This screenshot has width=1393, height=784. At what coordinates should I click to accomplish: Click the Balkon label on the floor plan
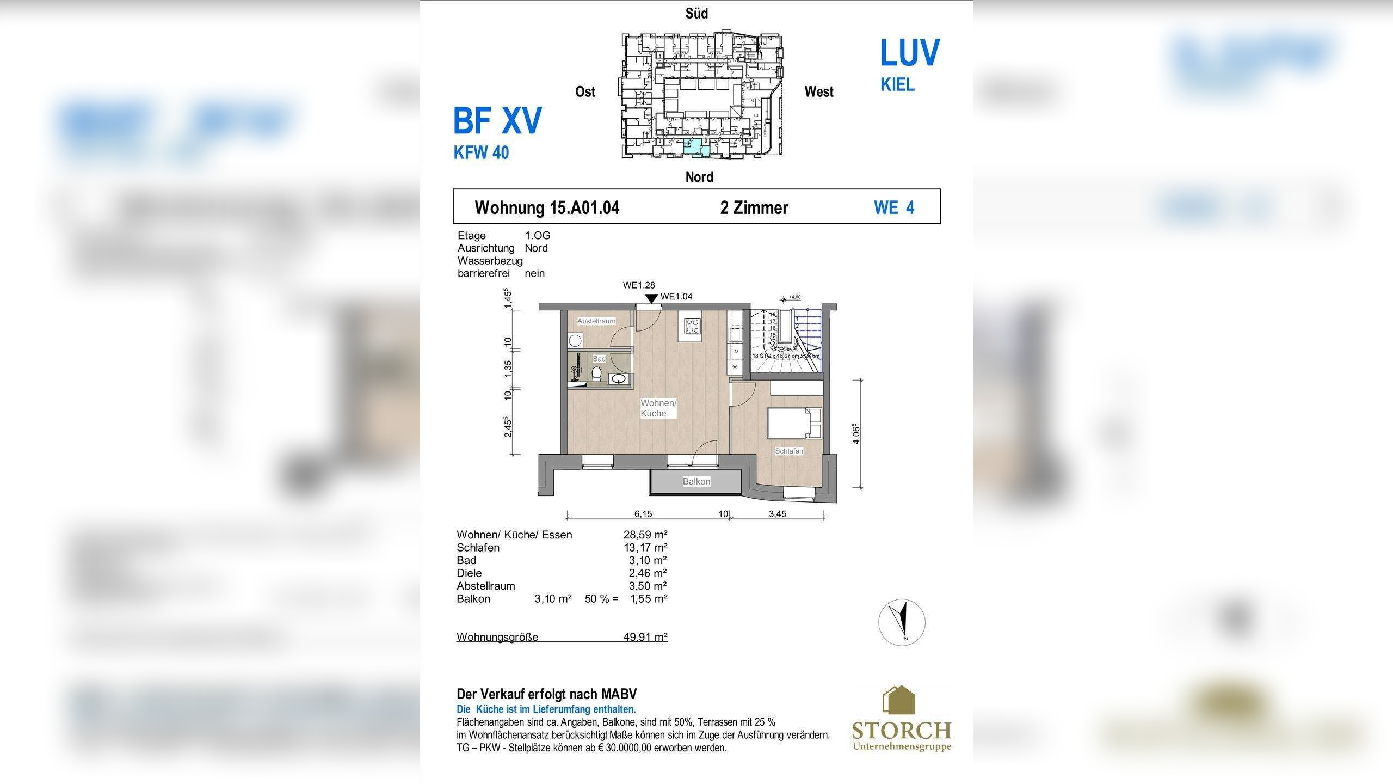696,481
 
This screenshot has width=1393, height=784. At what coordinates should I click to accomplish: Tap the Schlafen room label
788,451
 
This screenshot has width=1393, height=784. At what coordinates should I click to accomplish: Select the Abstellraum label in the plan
596,321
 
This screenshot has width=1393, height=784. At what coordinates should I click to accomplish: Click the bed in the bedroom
794,424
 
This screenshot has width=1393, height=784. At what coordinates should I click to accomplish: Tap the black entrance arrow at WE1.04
651,298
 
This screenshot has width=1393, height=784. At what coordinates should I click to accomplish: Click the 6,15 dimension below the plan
643,513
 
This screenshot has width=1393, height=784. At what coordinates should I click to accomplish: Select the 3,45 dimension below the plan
777,513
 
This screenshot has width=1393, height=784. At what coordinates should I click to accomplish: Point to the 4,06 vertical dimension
856,433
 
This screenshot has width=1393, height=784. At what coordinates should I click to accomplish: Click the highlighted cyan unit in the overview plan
693,147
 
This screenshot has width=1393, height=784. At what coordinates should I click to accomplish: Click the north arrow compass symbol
902,622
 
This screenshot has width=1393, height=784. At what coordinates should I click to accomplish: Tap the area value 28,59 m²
645,535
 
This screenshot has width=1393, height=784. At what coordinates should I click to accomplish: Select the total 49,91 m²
645,636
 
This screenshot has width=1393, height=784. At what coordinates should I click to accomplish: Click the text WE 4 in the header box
893,207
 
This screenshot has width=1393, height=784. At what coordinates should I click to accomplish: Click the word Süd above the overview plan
696,14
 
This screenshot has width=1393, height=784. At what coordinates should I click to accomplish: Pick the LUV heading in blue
909,53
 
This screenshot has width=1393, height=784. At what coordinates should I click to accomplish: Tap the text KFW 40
481,152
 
